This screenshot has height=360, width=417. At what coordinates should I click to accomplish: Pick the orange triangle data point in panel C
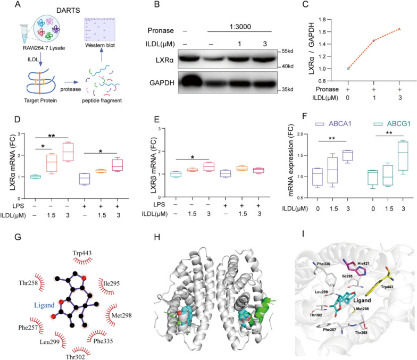[x=399, y=29]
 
